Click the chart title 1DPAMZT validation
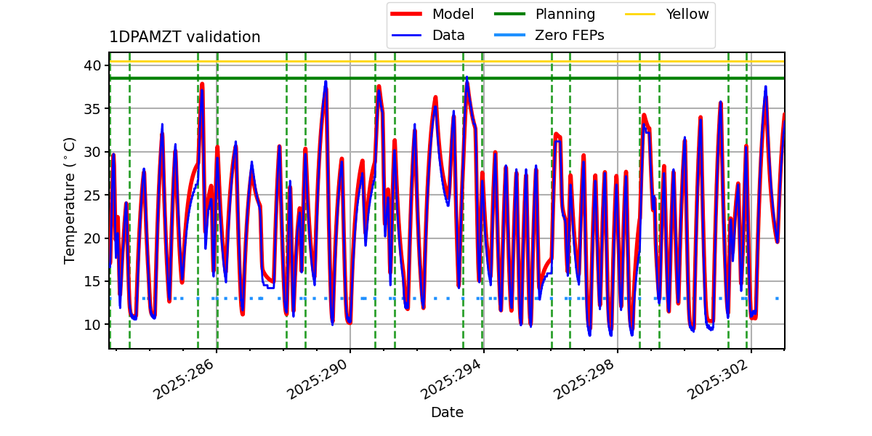185,37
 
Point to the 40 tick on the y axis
92,65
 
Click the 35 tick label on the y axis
92,109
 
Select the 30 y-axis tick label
92,152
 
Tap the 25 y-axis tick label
92,195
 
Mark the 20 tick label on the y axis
92,238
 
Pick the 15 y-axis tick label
92,281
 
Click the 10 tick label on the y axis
92,324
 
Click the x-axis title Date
447,413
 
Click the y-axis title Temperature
70,200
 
